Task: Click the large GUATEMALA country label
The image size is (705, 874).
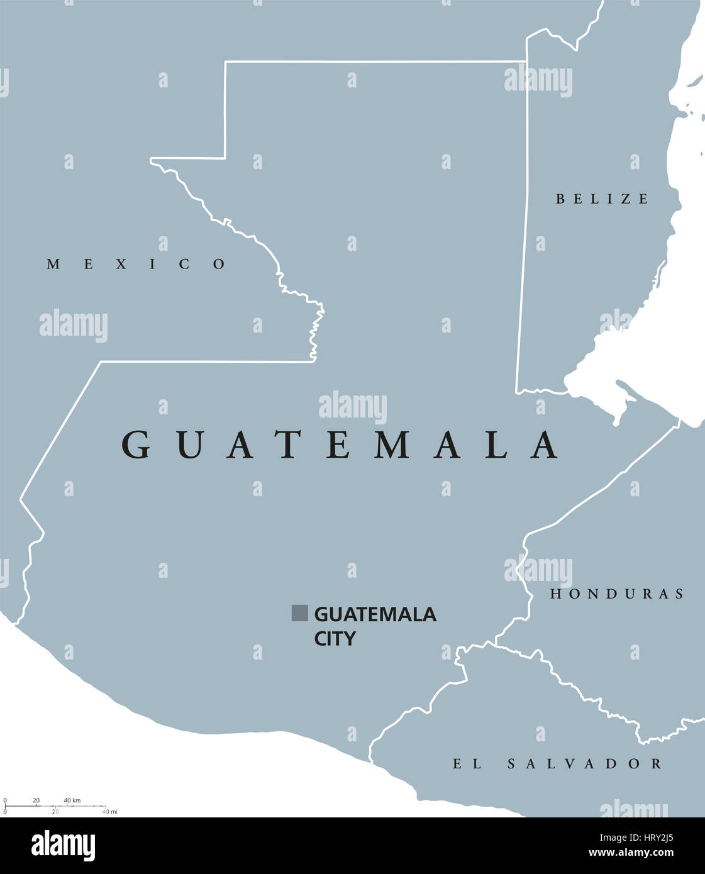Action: point(340,445)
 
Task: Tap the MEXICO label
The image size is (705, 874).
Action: point(136,264)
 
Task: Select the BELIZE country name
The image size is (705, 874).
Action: point(602,199)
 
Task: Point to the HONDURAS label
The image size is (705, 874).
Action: point(617,594)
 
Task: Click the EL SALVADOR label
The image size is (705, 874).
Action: point(557,764)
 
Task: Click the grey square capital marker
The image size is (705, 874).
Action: point(299,613)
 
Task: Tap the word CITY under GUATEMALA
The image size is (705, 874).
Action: point(335,639)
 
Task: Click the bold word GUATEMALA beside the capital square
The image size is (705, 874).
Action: point(375,614)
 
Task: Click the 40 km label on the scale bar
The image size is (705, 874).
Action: point(72,800)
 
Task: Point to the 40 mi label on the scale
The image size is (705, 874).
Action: point(109,812)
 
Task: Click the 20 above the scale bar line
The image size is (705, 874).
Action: point(36,800)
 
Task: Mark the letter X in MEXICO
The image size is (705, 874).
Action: point(120,264)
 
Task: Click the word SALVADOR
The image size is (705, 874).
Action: point(584,764)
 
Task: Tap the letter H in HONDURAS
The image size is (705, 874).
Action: point(555,594)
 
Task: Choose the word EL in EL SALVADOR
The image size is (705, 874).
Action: point(467,764)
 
